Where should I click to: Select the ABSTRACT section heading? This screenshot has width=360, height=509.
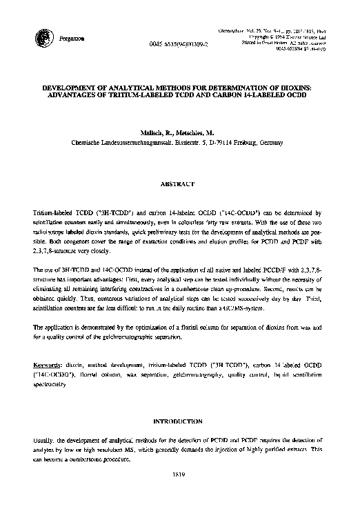[x=179, y=186]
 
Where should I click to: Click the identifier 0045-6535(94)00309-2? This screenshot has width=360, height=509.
[x=178, y=43]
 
